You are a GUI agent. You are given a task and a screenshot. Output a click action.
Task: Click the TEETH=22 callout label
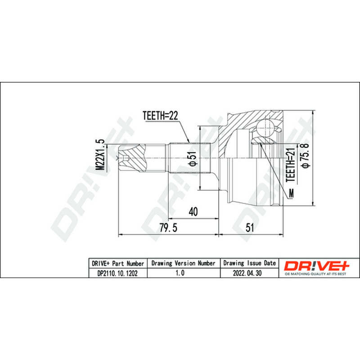pyautogui.click(x=160, y=116)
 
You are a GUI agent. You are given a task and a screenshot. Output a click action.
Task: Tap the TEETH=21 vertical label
pyautogui.click(x=290, y=164)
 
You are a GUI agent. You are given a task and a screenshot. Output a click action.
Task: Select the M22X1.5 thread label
pyautogui.click(x=100, y=155)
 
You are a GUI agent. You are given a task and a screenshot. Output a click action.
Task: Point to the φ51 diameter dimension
pyautogui.click(x=193, y=158)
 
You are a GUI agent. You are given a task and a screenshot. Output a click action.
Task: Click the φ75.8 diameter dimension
pyautogui.click(x=306, y=155)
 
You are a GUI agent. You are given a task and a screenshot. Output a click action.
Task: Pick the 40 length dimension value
pyautogui.click(x=193, y=211)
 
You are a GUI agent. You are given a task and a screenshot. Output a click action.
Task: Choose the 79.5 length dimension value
pyautogui.click(x=168, y=228)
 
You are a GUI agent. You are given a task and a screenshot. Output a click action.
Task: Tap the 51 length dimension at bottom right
pyautogui.click(x=250, y=228)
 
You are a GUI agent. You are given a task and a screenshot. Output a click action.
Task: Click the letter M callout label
pyautogui.click(x=291, y=193)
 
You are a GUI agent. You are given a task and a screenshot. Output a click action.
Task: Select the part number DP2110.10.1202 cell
pyautogui.click(x=117, y=273)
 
